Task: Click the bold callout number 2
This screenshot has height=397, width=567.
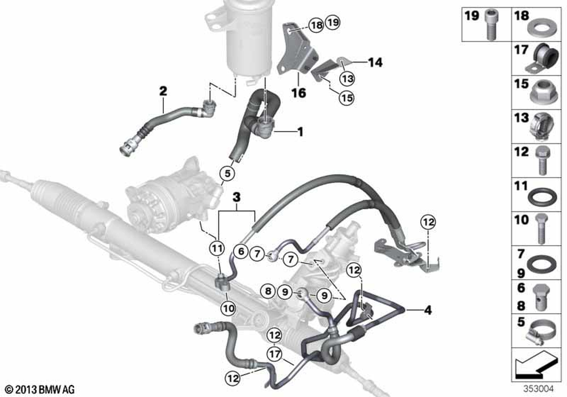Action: (x=163, y=91)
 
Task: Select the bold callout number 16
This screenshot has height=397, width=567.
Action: (x=299, y=93)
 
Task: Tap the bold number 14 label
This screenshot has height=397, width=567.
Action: (x=375, y=62)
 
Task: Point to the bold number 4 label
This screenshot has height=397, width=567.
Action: (x=428, y=310)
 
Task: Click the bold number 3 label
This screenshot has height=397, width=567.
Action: (x=236, y=197)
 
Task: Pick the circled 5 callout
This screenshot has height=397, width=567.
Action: (x=227, y=174)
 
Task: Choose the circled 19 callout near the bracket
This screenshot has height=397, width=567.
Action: (x=333, y=23)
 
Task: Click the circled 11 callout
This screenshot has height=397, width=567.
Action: (x=217, y=248)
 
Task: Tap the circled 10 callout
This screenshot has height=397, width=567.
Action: (x=228, y=309)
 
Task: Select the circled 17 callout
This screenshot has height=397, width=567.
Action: (x=275, y=353)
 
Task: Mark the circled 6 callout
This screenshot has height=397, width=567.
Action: (x=241, y=251)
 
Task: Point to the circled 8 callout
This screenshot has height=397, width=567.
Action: (x=268, y=291)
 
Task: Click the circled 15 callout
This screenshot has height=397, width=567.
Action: (x=346, y=98)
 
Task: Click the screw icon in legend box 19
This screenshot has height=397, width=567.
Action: (x=490, y=24)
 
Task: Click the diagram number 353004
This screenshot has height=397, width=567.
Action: (x=539, y=389)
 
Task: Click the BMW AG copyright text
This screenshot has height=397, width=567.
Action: (x=40, y=390)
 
